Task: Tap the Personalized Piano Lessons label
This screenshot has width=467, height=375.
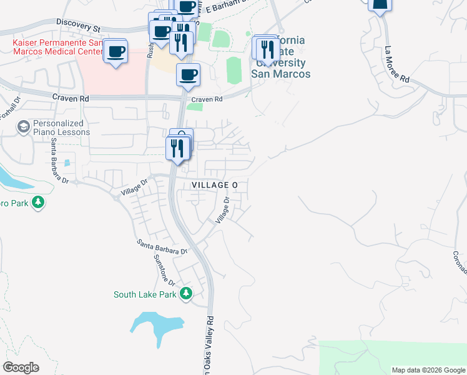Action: coord(61,127)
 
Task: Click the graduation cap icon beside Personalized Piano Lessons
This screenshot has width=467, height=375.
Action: coord(24,127)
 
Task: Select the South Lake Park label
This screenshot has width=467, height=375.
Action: coord(145,294)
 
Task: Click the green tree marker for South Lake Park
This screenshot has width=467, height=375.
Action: coord(185,293)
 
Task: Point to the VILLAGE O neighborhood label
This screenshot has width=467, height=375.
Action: coord(215,186)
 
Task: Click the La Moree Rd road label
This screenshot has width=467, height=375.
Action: coord(396,64)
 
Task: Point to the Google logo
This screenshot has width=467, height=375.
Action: coord(21,367)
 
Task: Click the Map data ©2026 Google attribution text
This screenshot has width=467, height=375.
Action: coord(428,370)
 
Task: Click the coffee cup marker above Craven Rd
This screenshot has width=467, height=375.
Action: coord(188,75)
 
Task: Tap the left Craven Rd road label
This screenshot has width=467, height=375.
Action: coord(71,98)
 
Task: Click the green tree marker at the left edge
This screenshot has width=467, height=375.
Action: coord(38,202)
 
